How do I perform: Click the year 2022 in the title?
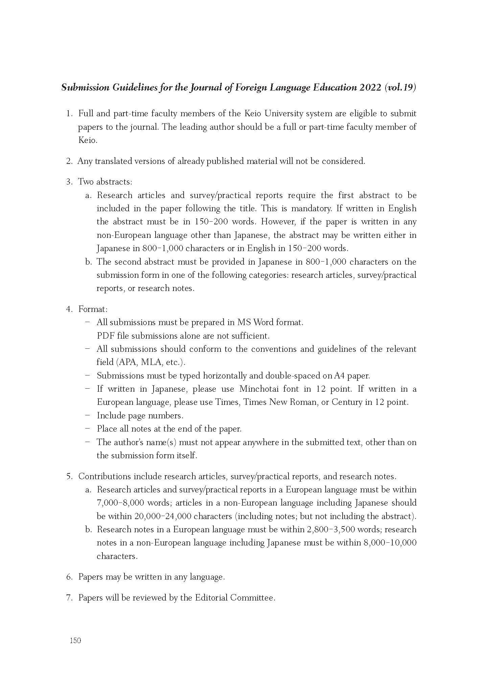coord(371,88)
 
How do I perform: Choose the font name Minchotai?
coord(259,389)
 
